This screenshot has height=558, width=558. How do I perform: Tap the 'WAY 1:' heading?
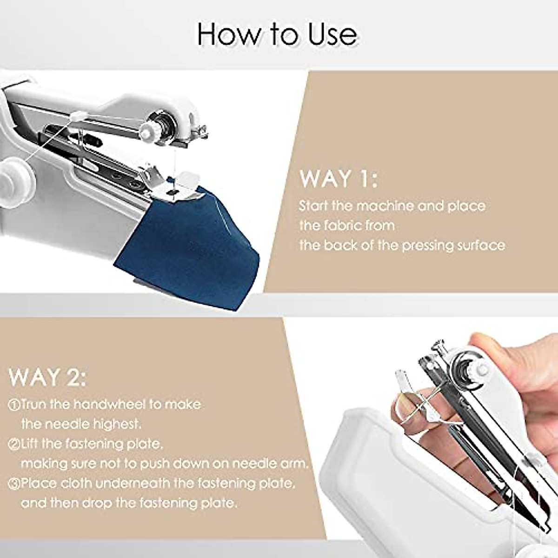pos(339,179)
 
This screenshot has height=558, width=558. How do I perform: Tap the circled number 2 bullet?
pos(14,444)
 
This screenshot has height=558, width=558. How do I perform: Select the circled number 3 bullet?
pos(14,484)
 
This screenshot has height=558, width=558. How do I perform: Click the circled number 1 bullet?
pos(14,405)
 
